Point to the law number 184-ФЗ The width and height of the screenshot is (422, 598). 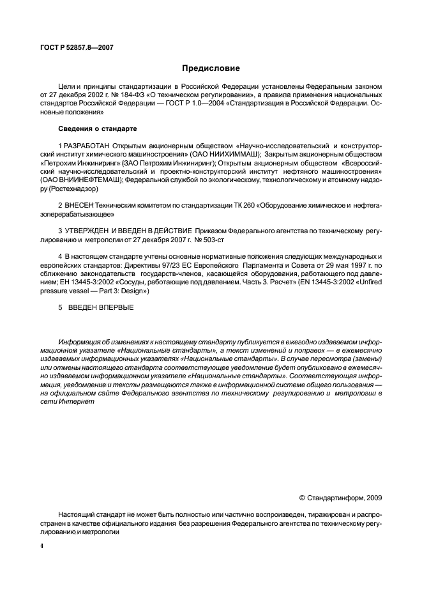click(x=136, y=93)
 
